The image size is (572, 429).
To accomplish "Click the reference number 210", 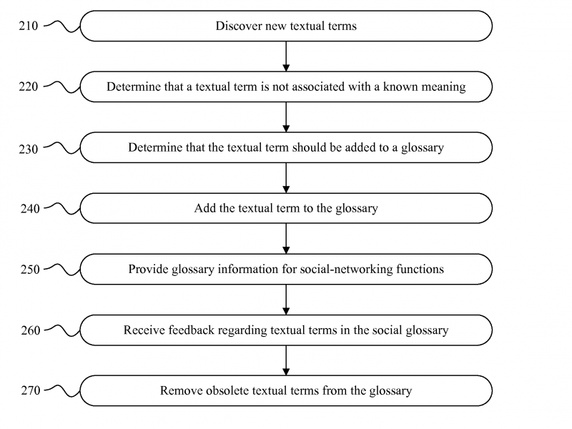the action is tap(29, 26).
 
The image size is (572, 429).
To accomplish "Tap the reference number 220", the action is tap(29, 87).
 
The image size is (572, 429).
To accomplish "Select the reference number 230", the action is tap(29, 149).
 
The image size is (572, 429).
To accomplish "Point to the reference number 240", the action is tap(30, 209).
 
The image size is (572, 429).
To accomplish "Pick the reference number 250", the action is tap(30, 270).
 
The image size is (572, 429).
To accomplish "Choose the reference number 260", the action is tap(30, 330).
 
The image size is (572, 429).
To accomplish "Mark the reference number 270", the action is tap(30, 390).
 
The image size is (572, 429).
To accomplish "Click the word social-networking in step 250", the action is tap(346, 270).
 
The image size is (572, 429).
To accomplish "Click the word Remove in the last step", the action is tap(181, 390).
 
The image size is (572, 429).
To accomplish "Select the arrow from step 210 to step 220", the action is tap(286, 56).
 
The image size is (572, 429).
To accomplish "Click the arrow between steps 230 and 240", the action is tap(286, 178).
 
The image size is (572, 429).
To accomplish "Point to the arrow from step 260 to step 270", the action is tap(286, 360).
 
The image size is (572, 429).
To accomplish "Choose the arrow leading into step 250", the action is tap(286, 239).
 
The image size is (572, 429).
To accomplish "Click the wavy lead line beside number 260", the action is tap(62, 330).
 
